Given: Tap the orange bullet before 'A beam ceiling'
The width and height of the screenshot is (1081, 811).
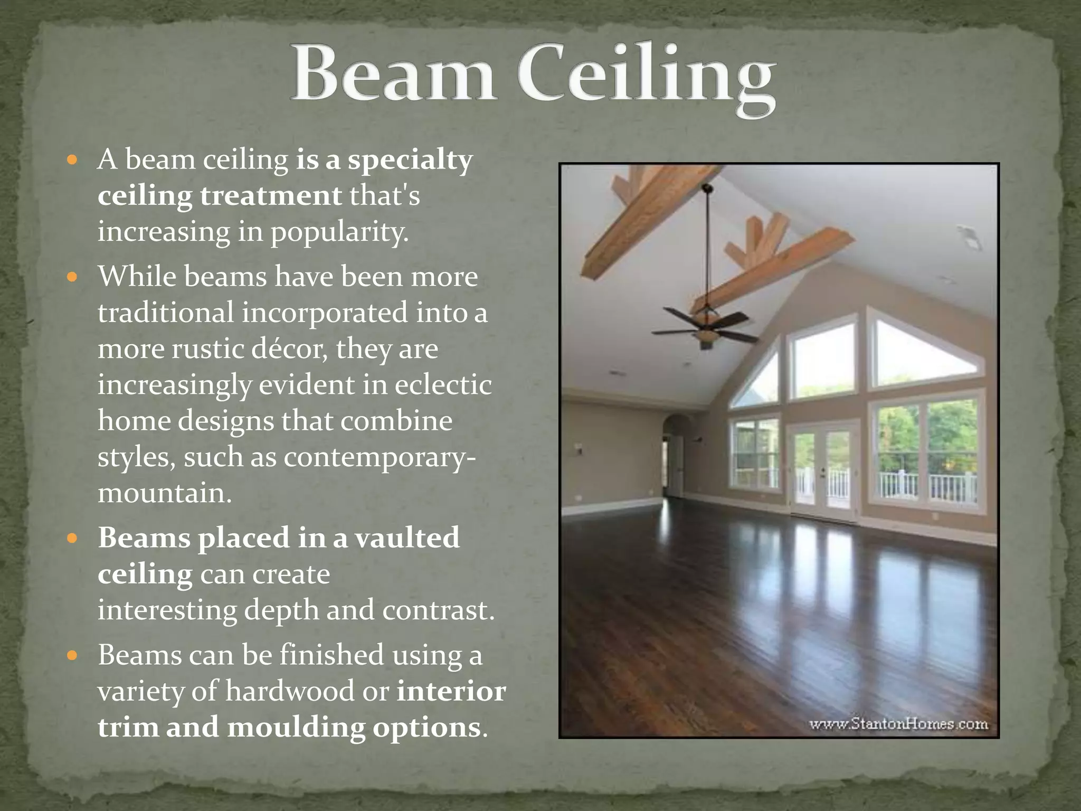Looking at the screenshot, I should [x=73, y=159].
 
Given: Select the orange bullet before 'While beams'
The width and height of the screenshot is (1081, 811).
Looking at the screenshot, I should [x=73, y=276].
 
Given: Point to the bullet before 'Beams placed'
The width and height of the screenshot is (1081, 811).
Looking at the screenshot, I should [x=73, y=539].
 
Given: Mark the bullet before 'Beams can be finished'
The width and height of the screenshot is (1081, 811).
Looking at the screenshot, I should [x=73, y=656].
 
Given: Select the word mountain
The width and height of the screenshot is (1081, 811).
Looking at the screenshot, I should [x=164, y=493].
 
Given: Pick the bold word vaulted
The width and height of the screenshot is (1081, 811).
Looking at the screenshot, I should [x=406, y=538].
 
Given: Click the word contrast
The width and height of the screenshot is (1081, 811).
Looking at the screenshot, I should [x=438, y=610].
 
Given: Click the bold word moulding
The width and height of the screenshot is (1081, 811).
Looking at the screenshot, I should [x=296, y=728].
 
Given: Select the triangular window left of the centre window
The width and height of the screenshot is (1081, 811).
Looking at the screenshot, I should [x=756, y=380].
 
